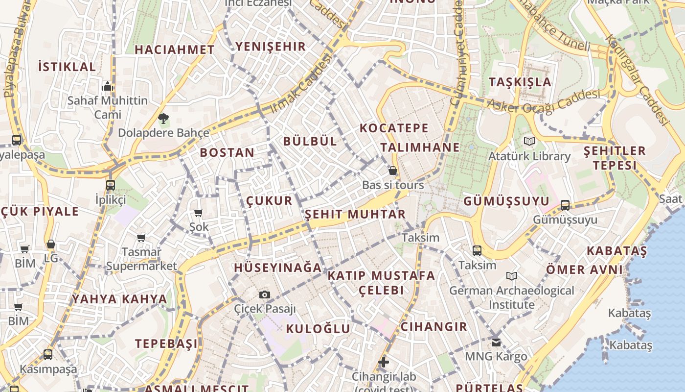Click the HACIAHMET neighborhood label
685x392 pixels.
pos(175,49)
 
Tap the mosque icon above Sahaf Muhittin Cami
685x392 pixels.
pos(108,87)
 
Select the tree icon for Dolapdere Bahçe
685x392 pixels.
pos(163,118)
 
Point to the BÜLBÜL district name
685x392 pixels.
pos(310,141)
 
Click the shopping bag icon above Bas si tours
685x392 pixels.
pos(392,171)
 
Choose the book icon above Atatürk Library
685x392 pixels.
pos(529,141)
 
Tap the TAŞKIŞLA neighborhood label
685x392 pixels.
pos(520,82)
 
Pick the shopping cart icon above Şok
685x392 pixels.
pos(199,213)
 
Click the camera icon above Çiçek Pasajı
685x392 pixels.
pos(265,294)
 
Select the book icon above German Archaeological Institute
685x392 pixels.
pos(512,276)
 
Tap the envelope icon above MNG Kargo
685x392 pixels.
pos(496,342)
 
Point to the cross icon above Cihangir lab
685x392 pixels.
pos(384,363)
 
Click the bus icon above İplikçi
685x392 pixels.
pos(111,185)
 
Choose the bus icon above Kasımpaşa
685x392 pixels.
pos(48,354)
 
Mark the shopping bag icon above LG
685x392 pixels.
pos(51,244)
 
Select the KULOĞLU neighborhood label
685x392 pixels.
pos(318,328)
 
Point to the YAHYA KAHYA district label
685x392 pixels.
pos(120,299)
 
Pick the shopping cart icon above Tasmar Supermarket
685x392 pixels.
pos(141,238)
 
